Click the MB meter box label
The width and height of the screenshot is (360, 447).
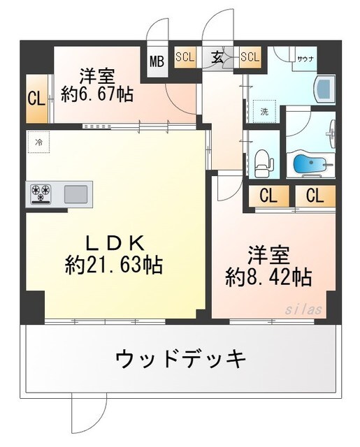(157, 61)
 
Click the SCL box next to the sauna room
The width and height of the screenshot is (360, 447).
(250, 57)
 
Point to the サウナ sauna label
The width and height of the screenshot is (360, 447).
(305, 59)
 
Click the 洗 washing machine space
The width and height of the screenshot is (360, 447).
(265, 110)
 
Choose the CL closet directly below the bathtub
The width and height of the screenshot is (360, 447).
(314, 196)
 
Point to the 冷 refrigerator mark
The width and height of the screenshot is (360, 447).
(39, 142)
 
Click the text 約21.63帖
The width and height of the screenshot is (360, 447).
(115, 265)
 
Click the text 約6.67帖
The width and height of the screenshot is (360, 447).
(98, 94)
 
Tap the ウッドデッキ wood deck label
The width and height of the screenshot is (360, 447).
(180, 359)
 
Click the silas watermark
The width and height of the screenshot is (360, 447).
(303, 307)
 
